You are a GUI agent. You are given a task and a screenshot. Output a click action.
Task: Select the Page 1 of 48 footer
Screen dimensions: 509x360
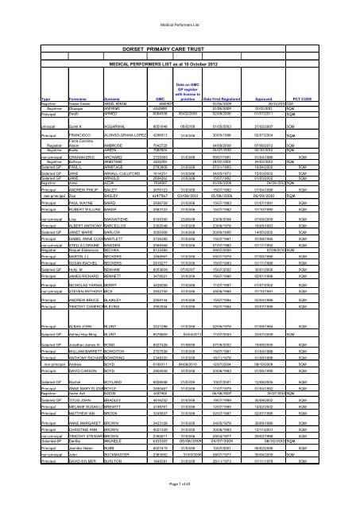(x=180, y=496)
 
